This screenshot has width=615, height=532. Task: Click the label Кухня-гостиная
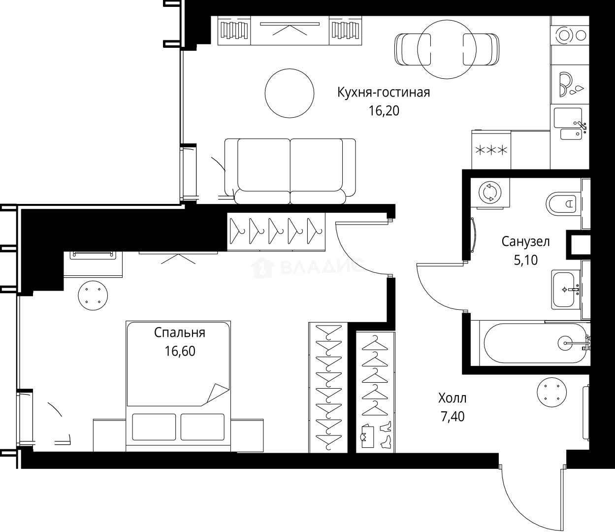coord(384,93)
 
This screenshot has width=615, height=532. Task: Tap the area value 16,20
coord(384,111)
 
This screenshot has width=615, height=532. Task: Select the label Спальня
coord(180,333)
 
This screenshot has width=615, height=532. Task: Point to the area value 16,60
coord(180,351)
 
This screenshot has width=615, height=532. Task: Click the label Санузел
coord(525,241)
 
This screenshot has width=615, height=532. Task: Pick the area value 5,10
coord(525,260)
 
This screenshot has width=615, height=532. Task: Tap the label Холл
coord(452,398)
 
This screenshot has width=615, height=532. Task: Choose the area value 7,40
coord(452,417)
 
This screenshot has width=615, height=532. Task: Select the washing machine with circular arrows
coord(489,193)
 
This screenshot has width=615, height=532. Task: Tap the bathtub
coord(536,343)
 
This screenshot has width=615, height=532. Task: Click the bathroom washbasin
coord(566,289)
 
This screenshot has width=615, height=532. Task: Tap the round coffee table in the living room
coord(290,93)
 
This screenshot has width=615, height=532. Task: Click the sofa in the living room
coord(290,170)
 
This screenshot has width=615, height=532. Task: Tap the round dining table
coord(447,49)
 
